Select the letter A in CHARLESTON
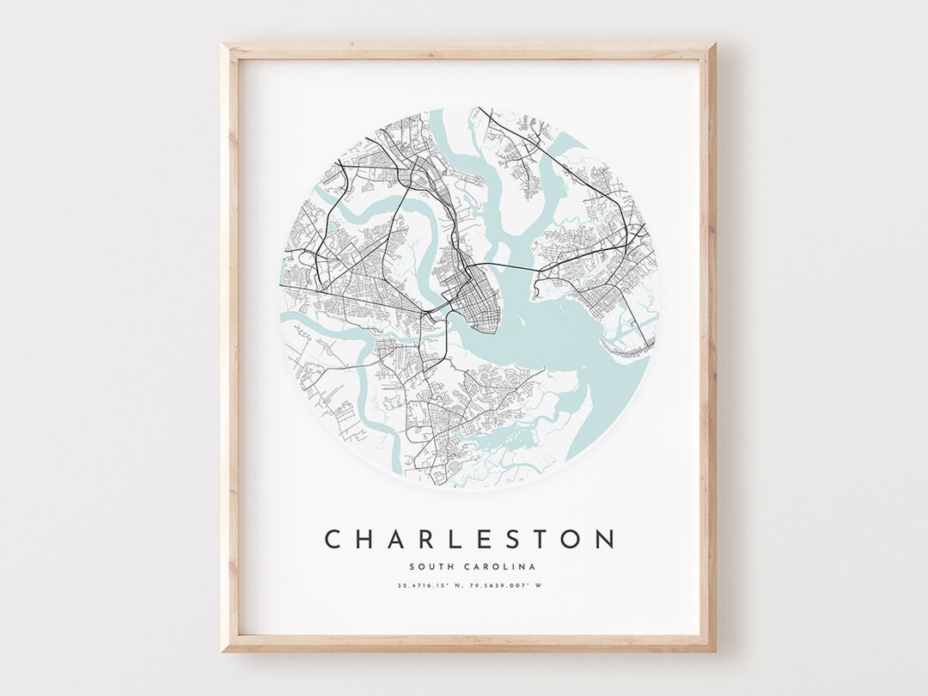click(399, 539)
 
